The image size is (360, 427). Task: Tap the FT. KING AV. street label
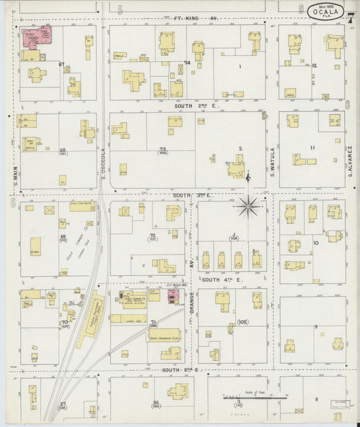coord(196,18)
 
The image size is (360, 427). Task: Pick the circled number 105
coord(242,322)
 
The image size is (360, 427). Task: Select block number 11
coord(312,147)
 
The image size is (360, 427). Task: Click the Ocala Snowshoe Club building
coord(163,334)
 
